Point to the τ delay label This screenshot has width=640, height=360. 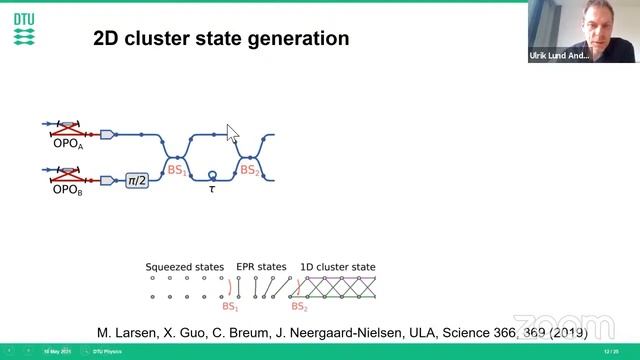211,188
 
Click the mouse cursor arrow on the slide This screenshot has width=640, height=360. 232,133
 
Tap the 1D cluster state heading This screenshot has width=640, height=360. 338,267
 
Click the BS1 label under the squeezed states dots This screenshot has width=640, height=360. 230,307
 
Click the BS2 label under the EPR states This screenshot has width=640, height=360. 299,307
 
